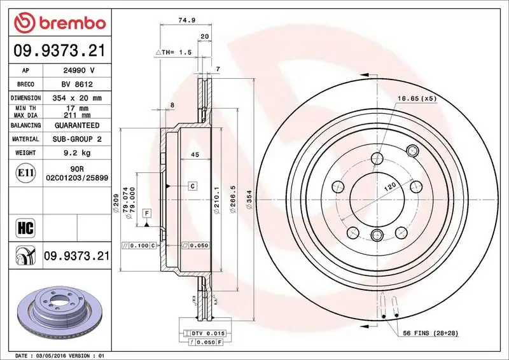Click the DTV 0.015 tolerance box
click(204, 333)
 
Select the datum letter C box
click(192, 186)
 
